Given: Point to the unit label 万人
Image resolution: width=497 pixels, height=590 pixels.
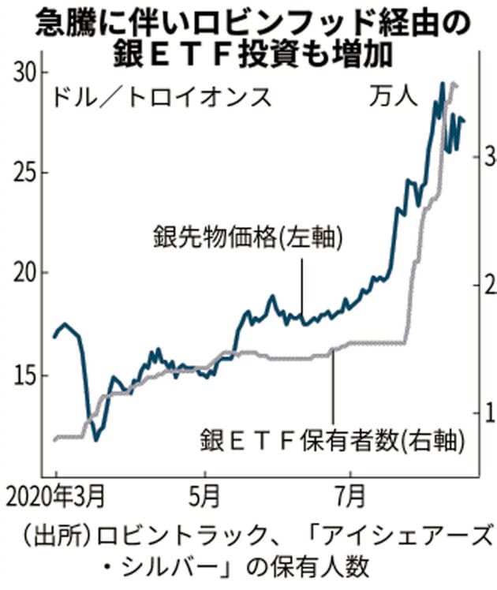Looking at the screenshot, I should coord(392,99).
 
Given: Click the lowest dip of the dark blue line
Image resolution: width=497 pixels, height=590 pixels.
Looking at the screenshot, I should coord(96,439).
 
